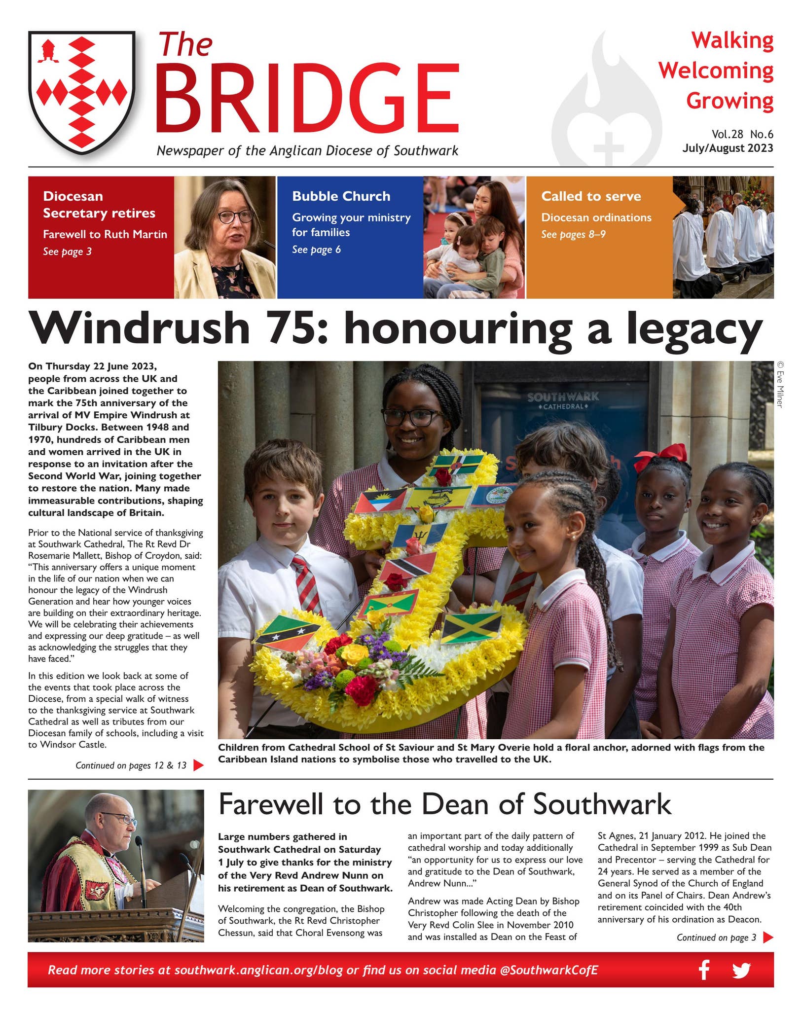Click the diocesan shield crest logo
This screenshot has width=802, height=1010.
(81, 92)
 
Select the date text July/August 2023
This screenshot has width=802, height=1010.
(728, 148)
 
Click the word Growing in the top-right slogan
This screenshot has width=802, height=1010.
(729, 101)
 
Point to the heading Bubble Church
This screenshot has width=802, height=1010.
(341, 196)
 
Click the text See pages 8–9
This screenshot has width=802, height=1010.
(573, 234)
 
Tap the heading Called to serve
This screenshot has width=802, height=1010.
(591, 196)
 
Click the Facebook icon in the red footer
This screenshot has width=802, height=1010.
(704, 970)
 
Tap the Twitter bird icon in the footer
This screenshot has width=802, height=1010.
(741, 970)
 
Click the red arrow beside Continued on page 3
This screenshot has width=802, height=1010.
(767, 938)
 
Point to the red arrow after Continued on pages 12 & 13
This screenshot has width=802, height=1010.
(198, 765)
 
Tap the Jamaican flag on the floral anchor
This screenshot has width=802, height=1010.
(471, 627)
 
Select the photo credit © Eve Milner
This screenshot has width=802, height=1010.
(780, 385)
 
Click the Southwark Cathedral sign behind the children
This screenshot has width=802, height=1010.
(563, 400)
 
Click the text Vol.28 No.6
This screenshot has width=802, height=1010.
(742, 134)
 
